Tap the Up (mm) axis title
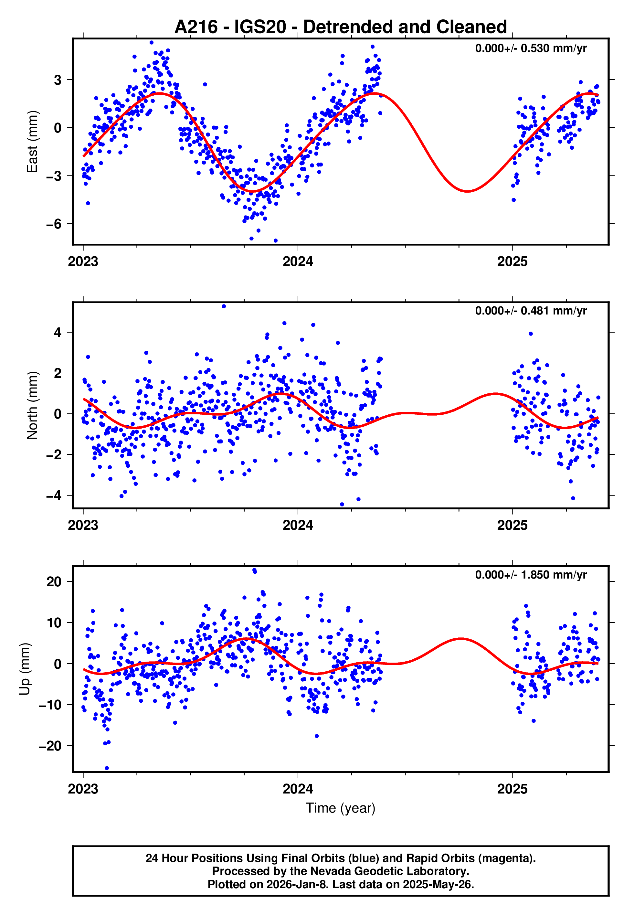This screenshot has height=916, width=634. [25, 669]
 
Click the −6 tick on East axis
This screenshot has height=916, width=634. [54, 224]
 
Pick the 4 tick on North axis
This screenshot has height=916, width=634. [58, 332]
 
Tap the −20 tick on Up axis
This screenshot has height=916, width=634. [50, 746]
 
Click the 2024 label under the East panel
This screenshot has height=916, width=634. [298, 261]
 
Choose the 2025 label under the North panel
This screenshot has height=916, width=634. [512, 525]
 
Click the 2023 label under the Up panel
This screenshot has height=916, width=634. [83, 789]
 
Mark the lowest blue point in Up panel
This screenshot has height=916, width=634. [106, 768]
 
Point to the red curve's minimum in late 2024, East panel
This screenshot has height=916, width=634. [468, 191]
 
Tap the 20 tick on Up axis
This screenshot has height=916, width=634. [54, 582]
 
